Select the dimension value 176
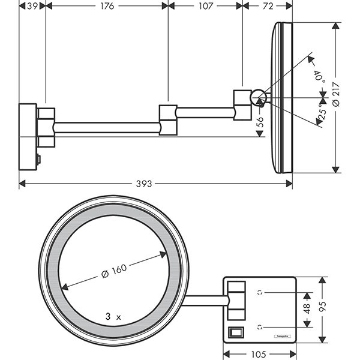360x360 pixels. point(106,6)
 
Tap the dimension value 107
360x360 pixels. point(205,6)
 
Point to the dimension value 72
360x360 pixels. point(268,6)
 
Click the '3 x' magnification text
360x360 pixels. point(113,315)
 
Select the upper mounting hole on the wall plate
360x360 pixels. point(260,292)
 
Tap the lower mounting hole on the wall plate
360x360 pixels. point(260,327)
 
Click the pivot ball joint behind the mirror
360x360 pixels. point(258,96)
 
